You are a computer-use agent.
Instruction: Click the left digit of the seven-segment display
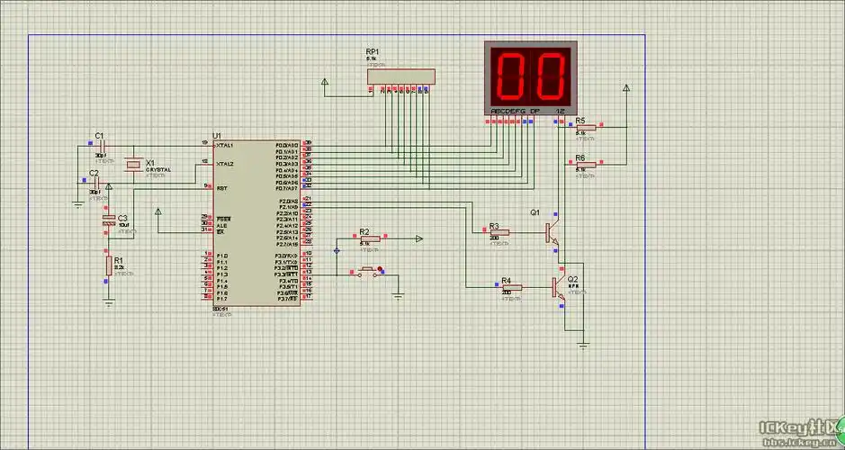tap(511, 75)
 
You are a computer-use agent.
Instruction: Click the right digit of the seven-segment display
tap(550, 75)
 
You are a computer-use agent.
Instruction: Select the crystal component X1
tap(133, 165)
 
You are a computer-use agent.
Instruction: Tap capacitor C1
tap(102, 146)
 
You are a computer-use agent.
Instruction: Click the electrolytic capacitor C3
tap(110, 220)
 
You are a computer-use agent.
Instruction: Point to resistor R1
tap(110, 265)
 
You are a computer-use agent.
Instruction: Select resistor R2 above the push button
tap(364, 239)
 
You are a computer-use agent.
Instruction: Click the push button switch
tap(367, 270)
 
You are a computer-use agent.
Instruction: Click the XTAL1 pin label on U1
tap(225, 145)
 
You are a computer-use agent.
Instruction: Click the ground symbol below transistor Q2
tap(583, 345)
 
